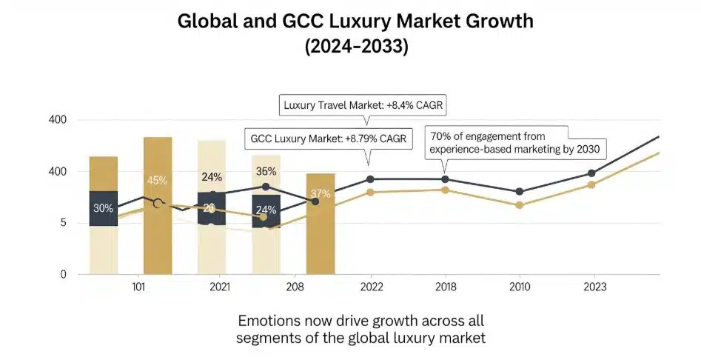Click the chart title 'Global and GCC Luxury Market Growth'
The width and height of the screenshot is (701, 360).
pyautogui.click(x=355, y=21)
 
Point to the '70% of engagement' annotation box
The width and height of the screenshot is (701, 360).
pyautogui.click(x=514, y=142)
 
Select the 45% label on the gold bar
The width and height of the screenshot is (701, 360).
pyautogui.click(x=157, y=180)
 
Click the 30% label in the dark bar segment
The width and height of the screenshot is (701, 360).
pyautogui.click(x=103, y=208)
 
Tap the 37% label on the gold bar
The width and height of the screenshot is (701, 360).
pyautogui.click(x=320, y=194)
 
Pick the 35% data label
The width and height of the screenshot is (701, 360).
pyautogui.click(x=266, y=171)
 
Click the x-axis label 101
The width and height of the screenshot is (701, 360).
pyautogui.click(x=138, y=286)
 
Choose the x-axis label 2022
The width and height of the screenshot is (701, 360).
pyautogui.click(x=370, y=286)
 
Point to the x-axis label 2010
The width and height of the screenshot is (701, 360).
pyautogui.click(x=520, y=286)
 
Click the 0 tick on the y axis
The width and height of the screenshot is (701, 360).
pyautogui.click(x=63, y=274)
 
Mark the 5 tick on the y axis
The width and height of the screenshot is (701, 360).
pyautogui.click(x=63, y=222)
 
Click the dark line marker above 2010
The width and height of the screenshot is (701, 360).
pyautogui.click(x=520, y=191)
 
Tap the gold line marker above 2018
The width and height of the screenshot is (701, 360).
pyautogui.click(x=445, y=190)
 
